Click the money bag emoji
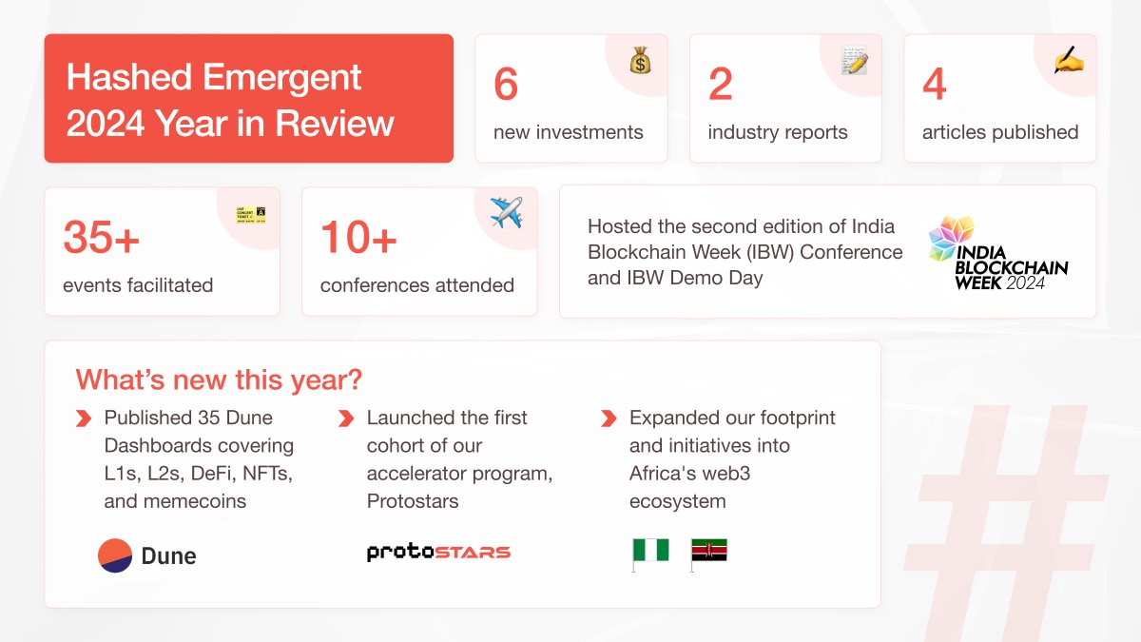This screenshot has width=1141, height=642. coord(640,60)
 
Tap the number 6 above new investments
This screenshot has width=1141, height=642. coord(506,84)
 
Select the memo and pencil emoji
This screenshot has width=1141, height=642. coord(854,60)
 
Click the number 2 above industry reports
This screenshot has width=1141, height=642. coord(721,84)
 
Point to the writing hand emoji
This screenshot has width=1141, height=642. coord(1069,60)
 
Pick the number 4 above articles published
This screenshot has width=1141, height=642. coord(935,84)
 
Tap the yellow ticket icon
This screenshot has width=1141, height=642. coord(251,215)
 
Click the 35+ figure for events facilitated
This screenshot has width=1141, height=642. coord(101,237)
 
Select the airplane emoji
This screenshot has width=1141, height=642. coord(506,212)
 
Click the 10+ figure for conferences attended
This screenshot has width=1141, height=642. coord(358,237)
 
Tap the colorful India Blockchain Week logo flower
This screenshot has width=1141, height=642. coord(951,238)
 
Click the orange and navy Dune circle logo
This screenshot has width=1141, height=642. coord(115,555)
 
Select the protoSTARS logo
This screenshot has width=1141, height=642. coord(438,553)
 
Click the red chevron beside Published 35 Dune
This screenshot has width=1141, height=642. coord(84,418)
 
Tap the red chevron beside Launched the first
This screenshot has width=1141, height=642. coord(346,418)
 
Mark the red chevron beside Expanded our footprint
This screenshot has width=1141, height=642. coord(609,418)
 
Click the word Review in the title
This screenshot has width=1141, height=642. coord(335,124)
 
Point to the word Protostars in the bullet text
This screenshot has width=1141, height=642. coord(413,501)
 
